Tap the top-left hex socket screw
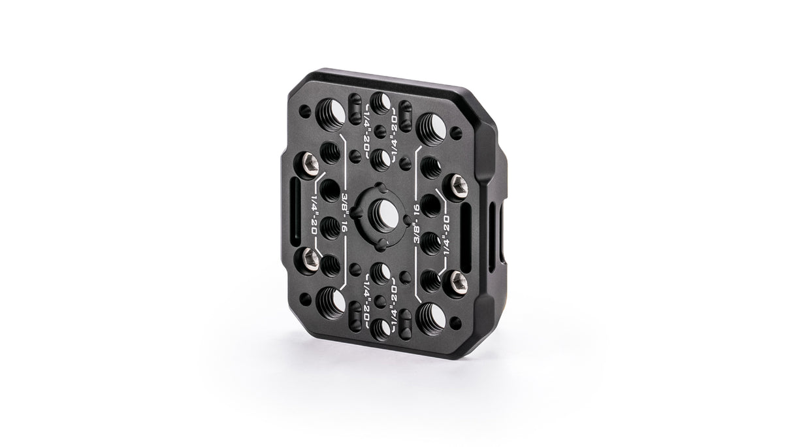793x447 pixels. (308, 163)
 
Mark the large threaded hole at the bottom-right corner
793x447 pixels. (430, 319)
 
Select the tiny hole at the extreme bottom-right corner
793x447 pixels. (456, 322)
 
